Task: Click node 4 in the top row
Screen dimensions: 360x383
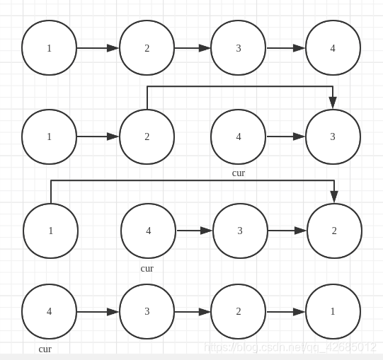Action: click(x=333, y=48)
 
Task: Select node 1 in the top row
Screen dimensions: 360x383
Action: click(x=49, y=48)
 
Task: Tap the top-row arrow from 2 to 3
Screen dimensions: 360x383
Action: click(x=192, y=48)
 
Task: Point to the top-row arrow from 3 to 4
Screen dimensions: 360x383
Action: click(x=285, y=48)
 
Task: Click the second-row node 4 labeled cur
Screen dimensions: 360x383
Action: click(x=238, y=137)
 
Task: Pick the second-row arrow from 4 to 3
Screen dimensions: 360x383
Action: click(x=285, y=137)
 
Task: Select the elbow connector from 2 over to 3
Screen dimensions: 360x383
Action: click(x=241, y=87)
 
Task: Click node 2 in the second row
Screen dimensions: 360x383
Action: click(x=147, y=137)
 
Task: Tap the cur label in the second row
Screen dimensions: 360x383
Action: click(x=239, y=173)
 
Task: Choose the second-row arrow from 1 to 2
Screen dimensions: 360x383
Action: click(x=98, y=137)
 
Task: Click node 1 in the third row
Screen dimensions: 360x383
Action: click(x=50, y=231)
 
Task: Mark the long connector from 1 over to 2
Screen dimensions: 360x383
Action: click(x=191, y=181)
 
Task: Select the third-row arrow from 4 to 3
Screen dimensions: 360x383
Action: click(x=194, y=231)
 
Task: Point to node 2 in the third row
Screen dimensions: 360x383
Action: click(x=334, y=231)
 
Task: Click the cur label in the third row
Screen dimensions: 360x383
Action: click(x=147, y=269)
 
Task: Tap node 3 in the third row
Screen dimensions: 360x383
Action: click(x=240, y=231)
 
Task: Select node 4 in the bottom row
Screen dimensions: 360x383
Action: click(x=49, y=311)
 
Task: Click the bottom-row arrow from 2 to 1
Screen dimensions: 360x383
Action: click(x=285, y=311)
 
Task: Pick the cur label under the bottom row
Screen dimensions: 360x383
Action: click(x=45, y=349)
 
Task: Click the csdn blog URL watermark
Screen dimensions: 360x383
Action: click(x=290, y=347)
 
